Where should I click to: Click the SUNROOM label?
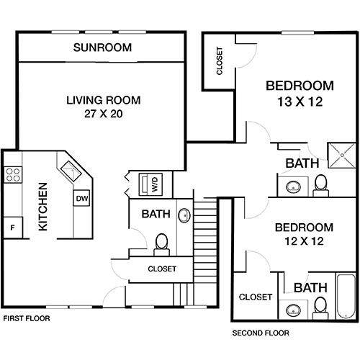(x=103, y=48)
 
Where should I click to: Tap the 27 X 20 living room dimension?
(x=103, y=114)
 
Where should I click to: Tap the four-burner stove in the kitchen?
(x=13, y=174)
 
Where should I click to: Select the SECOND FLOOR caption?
(x=260, y=333)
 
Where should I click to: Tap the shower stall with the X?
(x=338, y=152)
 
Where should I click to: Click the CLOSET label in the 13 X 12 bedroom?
(x=219, y=61)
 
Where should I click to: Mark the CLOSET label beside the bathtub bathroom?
(x=255, y=297)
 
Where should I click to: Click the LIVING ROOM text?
(x=103, y=100)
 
